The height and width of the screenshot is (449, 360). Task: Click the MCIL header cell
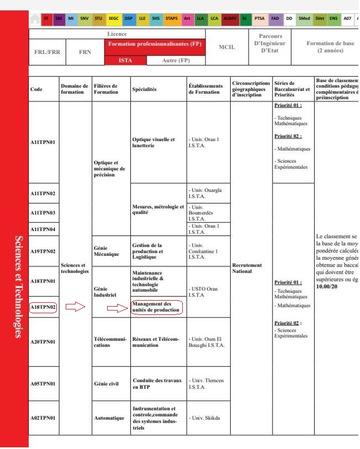pyautogui.click(x=227, y=47)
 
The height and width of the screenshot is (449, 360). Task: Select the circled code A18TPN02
pyautogui.click(x=43, y=307)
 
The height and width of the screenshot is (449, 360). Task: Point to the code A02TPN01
pyautogui.click(x=43, y=418)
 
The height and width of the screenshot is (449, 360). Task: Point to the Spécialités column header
pyautogui.click(x=145, y=88)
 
